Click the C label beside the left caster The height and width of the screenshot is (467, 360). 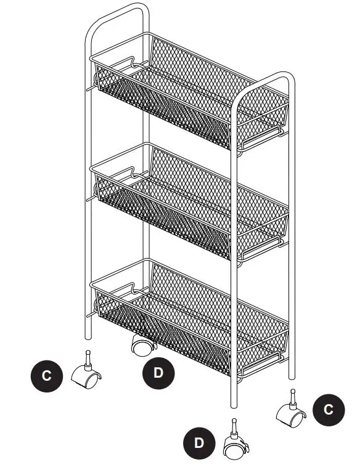coord(47,376)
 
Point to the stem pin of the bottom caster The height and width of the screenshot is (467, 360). coord(234,425)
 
